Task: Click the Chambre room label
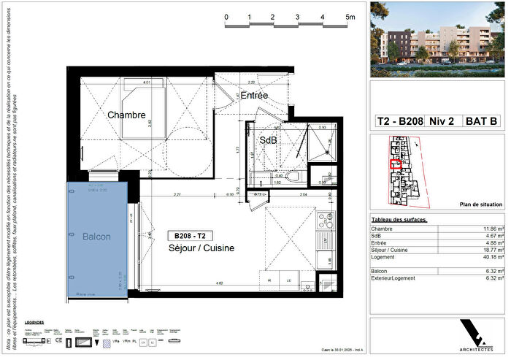[127, 115]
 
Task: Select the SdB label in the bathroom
[268, 139]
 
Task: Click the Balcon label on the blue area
[96, 237]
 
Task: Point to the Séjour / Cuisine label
[201, 249]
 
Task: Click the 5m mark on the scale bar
[350, 17]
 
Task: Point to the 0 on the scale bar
[226, 17]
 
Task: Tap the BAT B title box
[483, 122]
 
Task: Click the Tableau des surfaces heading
[399, 220]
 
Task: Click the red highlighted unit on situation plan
[396, 165]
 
